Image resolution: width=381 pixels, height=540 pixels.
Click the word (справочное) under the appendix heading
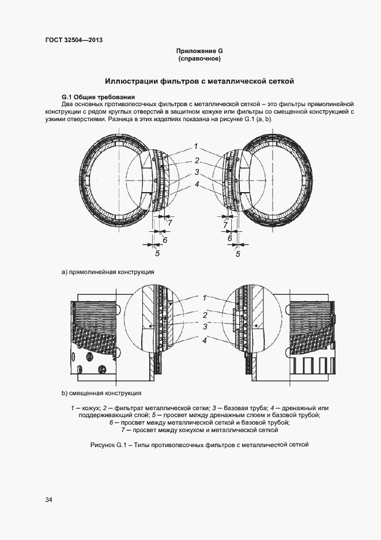(199, 59)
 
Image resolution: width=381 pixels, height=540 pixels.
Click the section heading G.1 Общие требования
(98, 96)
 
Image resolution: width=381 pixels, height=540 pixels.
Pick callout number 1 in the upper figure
(196, 146)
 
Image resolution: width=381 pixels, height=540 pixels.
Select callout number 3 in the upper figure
(196, 172)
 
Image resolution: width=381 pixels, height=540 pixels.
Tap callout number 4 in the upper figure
(196, 185)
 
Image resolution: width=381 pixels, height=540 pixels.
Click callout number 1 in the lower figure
(204, 298)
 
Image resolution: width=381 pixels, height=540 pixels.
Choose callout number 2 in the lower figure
(204, 316)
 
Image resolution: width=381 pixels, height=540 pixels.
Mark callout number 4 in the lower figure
(204, 341)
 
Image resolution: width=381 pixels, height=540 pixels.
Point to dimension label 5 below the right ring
(237, 253)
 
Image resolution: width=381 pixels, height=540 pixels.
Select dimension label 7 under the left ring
(169, 222)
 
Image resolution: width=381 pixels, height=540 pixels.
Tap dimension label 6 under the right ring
(229, 238)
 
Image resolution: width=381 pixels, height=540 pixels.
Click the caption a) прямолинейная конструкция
(108, 271)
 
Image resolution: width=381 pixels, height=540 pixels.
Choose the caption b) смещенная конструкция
(102, 393)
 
